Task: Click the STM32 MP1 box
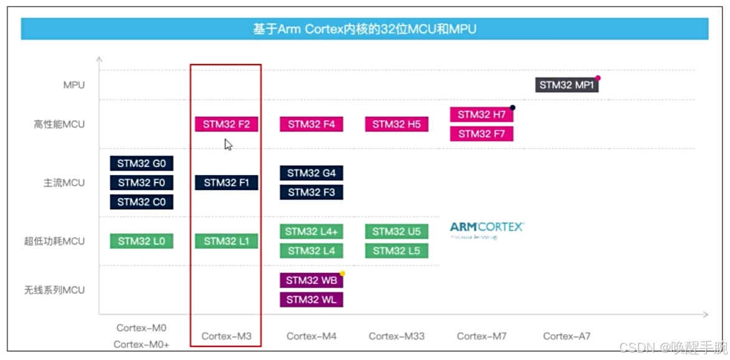(x=566, y=85)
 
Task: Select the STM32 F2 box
(x=226, y=124)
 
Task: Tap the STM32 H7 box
(x=481, y=115)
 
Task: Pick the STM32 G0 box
(x=141, y=163)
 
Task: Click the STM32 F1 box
(x=226, y=182)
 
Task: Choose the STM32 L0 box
(x=141, y=241)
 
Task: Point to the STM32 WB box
(x=311, y=280)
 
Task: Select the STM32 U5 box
(x=396, y=232)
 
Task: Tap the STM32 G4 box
(x=311, y=173)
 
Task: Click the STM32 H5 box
(x=396, y=124)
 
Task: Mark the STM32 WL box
(x=311, y=300)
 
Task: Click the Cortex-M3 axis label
(x=226, y=336)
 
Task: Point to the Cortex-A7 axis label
(x=566, y=336)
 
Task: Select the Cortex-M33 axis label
(x=396, y=336)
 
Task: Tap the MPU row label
(x=73, y=85)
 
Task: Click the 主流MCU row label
(x=64, y=183)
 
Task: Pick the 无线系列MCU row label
(x=54, y=290)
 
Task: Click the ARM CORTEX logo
(x=486, y=229)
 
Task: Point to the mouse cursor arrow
(x=228, y=144)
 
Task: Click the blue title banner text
(x=364, y=29)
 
